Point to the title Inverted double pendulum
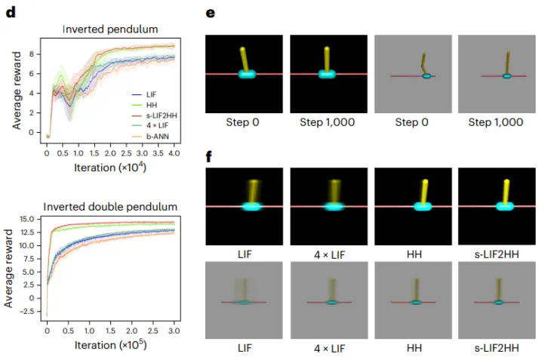[110, 206]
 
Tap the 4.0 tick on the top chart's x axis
[174, 152]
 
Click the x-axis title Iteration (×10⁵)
[111, 346]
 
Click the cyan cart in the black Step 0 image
[246, 74]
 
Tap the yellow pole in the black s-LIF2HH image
[500, 192]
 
